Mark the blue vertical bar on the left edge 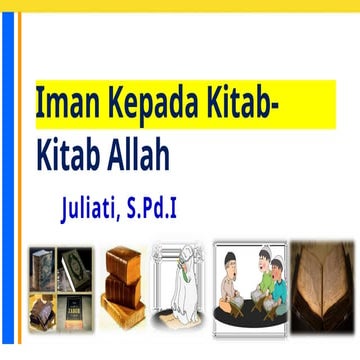tap(7, 180)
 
